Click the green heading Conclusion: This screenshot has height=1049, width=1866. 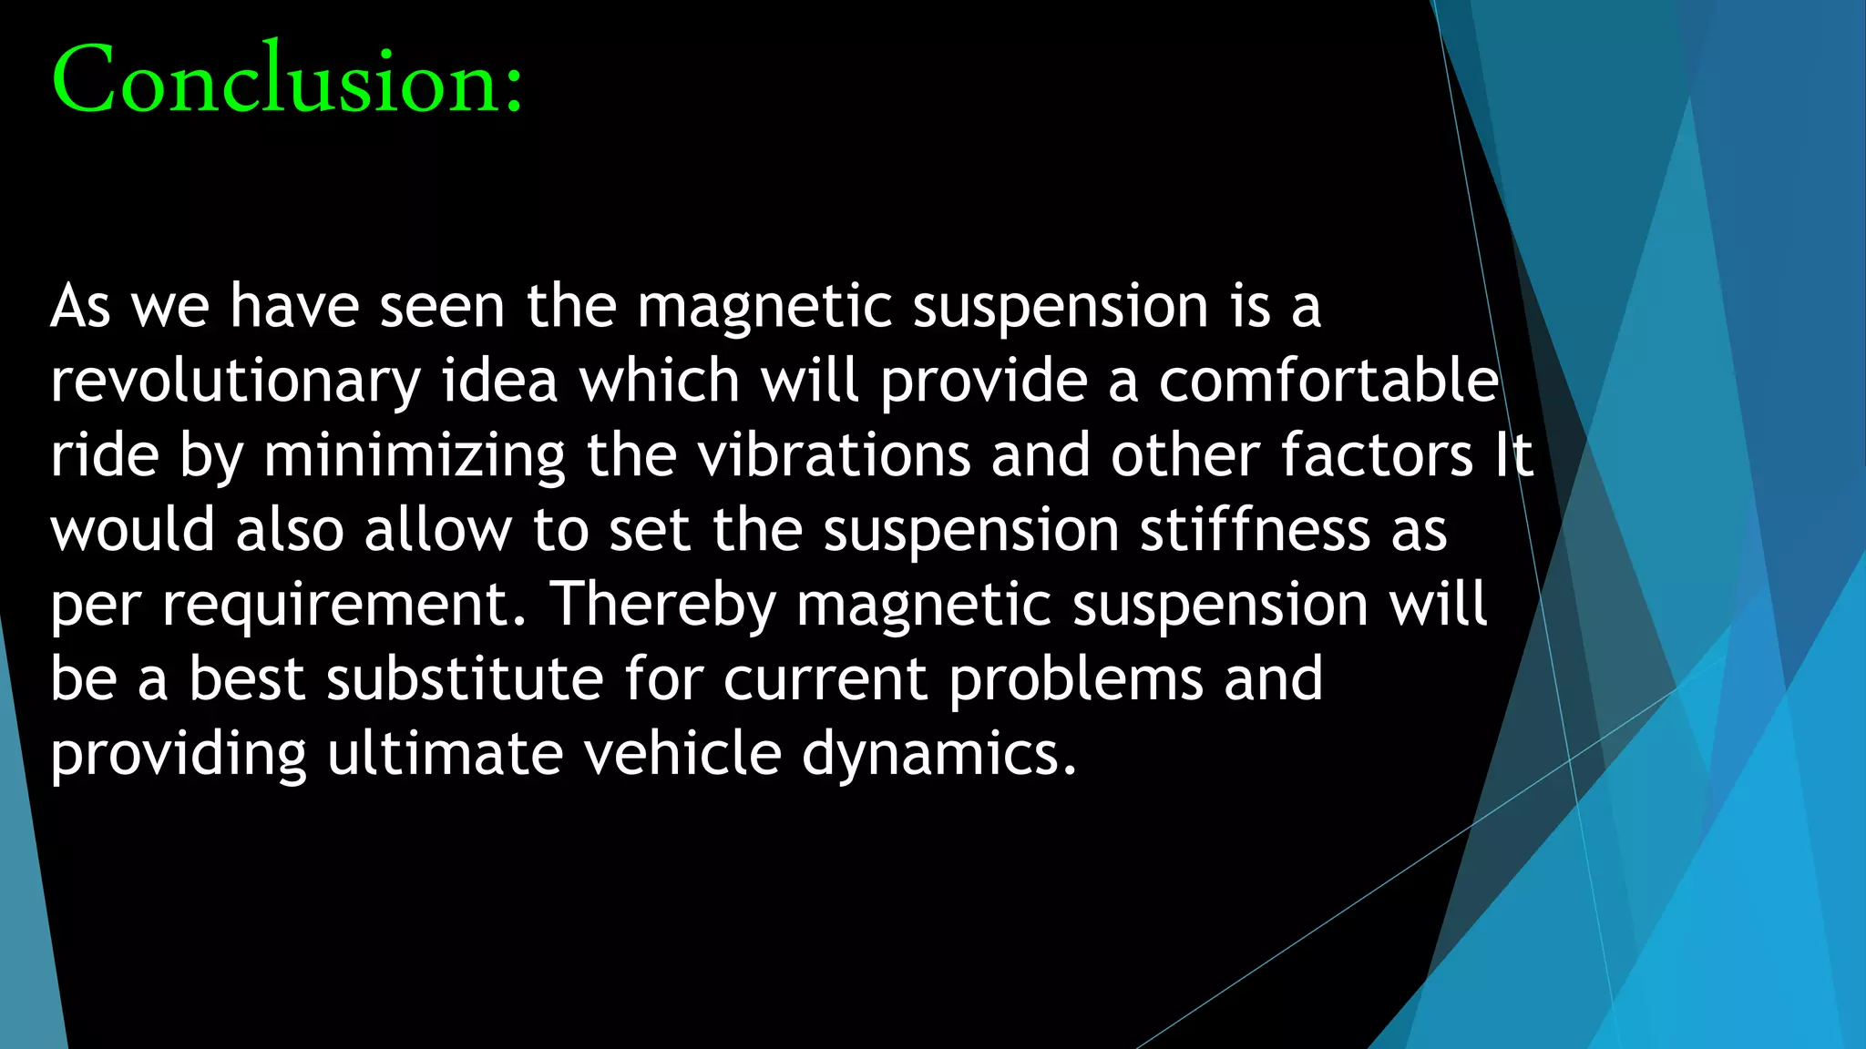pyautogui.click(x=288, y=80)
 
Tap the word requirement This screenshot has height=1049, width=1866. pyautogui.click(x=344, y=605)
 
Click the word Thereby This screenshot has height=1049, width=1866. pyautogui.click(x=663, y=605)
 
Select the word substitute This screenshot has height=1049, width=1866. pyautogui.click(x=465, y=679)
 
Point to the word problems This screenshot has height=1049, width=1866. pyautogui.click(x=1075, y=679)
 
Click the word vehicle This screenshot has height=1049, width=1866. pyautogui.click(x=682, y=754)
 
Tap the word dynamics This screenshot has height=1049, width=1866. pyautogui.click(x=938, y=754)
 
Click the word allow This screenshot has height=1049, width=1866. pyautogui.click(x=438, y=530)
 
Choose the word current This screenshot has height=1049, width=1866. pyautogui.click(x=825, y=679)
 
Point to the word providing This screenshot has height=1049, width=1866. pyautogui.click(x=179, y=754)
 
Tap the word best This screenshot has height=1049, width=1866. pyautogui.click(x=247, y=679)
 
